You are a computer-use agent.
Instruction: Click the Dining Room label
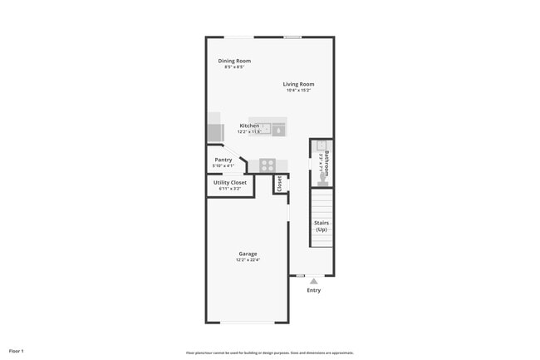pyautogui.click(x=234, y=61)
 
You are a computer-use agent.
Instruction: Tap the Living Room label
pyautogui.click(x=298, y=84)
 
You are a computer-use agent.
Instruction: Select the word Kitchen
pyautogui.click(x=249, y=126)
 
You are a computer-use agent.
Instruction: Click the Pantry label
pyautogui.click(x=223, y=160)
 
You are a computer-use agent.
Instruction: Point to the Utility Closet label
pyautogui.click(x=230, y=182)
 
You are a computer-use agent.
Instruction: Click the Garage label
pyautogui.click(x=248, y=254)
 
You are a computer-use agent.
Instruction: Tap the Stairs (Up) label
pyautogui.click(x=322, y=225)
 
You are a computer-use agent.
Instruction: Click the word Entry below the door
pyautogui.click(x=313, y=290)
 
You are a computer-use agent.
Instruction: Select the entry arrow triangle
pyautogui.click(x=313, y=282)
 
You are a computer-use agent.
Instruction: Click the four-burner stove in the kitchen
pyautogui.click(x=267, y=165)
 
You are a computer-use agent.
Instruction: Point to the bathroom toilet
pyautogui.click(x=322, y=179)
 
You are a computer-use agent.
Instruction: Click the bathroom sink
pyautogui.click(x=321, y=145)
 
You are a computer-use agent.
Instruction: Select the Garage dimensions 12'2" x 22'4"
pyautogui.click(x=248, y=260)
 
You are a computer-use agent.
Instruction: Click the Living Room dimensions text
pyautogui.click(x=298, y=91)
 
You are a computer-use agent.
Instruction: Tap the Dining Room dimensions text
pyautogui.click(x=234, y=67)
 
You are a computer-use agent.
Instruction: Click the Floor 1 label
pyautogui.click(x=17, y=351)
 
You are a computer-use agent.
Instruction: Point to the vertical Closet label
pyautogui.click(x=280, y=184)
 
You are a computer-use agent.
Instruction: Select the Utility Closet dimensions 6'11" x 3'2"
pyautogui.click(x=230, y=189)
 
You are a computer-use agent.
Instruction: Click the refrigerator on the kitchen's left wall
pyautogui.click(x=214, y=133)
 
